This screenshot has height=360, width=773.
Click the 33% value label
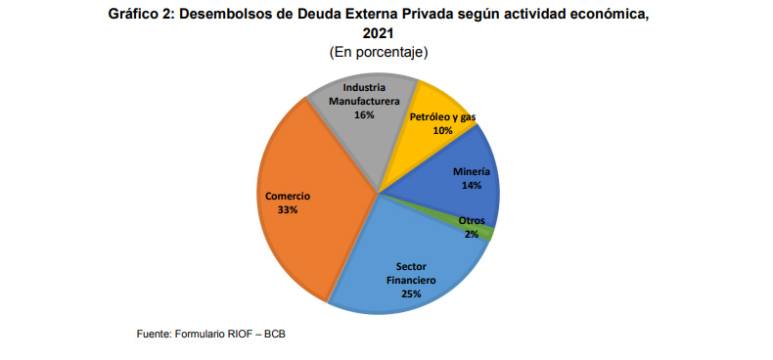pyautogui.click(x=288, y=209)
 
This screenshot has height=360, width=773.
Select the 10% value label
pyautogui.click(x=442, y=130)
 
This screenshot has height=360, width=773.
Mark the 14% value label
pyautogui.click(x=472, y=185)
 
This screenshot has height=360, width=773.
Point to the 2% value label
pyautogui.click(x=472, y=234)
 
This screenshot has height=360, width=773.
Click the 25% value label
pyautogui.click(x=411, y=292)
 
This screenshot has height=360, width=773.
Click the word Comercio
pyautogui.click(x=288, y=196)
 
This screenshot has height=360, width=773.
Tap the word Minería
pyautogui.click(x=472, y=171)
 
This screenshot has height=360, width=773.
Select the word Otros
pyautogui.click(x=472, y=221)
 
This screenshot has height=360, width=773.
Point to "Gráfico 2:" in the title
pyautogui.click(x=144, y=14)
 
